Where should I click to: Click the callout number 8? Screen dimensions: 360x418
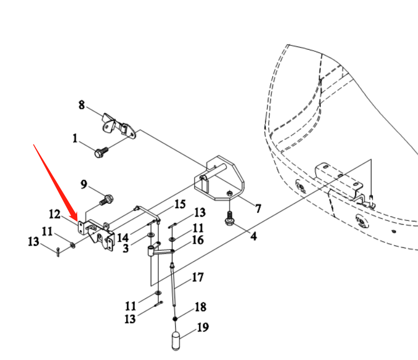pyautogui.click(x=81, y=105)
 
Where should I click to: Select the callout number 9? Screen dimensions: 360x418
pyautogui.click(x=84, y=184)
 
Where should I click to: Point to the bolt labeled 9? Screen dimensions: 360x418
pyautogui.click(x=107, y=200)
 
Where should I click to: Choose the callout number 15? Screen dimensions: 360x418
pyautogui.click(x=180, y=204)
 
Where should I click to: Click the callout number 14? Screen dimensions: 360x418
pyautogui.click(x=123, y=237)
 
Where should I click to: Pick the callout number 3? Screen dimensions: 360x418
pyautogui.click(x=126, y=247)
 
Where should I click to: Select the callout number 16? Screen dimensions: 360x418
pyautogui.click(x=198, y=240)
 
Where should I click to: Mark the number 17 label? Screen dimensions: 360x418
pyautogui.click(x=197, y=276)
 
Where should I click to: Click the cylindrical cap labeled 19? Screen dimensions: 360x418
pyautogui.click(x=176, y=340)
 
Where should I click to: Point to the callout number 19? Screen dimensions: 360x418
pyautogui.click(x=203, y=328)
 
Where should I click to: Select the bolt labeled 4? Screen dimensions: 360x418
pyautogui.click(x=230, y=219)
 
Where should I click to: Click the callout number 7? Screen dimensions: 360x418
pyautogui.click(x=258, y=209)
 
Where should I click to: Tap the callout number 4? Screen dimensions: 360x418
pyautogui.click(x=253, y=236)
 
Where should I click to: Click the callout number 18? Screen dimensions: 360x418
pyautogui.click(x=200, y=307)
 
